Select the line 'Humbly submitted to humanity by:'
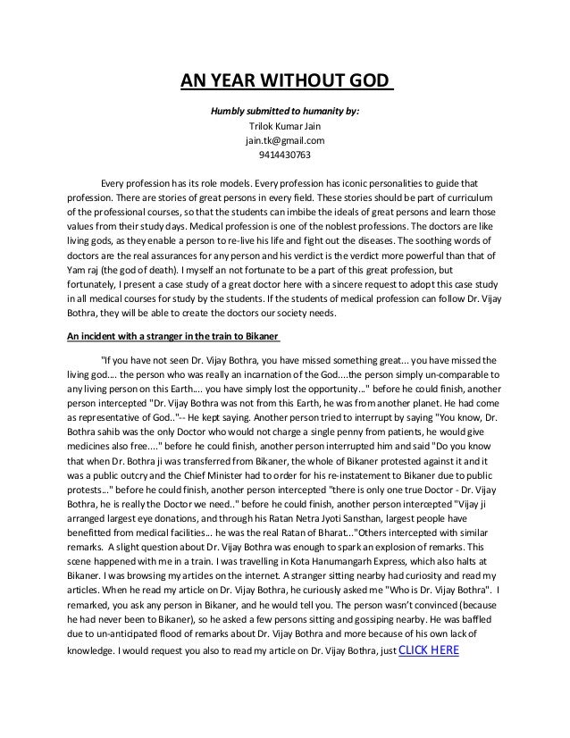point(284,113)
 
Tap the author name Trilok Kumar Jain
point(284,127)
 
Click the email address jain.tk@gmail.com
point(284,141)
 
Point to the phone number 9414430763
point(284,155)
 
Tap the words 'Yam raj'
point(87,269)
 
